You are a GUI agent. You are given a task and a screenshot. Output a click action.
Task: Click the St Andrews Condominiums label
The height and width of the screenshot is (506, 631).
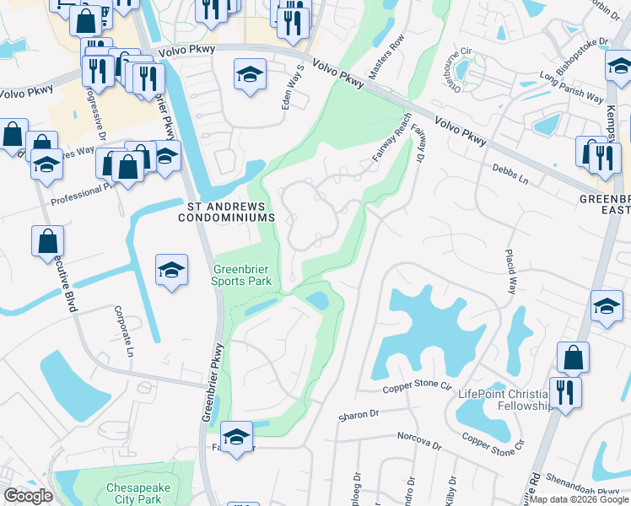click(x=227, y=211)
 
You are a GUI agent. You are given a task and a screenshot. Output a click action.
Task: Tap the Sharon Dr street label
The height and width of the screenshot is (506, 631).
click(x=359, y=415)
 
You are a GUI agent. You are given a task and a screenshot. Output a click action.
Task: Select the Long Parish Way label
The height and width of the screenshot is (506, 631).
click(x=573, y=76)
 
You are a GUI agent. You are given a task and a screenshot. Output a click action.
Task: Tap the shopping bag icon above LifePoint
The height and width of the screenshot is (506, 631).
click(x=574, y=357)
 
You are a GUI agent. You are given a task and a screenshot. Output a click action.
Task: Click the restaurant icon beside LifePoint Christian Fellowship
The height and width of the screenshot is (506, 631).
click(x=564, y=392)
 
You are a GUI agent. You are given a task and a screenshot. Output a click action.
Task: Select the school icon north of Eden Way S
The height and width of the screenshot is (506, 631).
click(x=250, y=74)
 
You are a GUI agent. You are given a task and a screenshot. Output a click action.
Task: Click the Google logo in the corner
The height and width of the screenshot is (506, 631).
click(x=28, y=496)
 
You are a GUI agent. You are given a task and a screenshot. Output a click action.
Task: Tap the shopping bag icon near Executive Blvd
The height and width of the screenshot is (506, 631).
click(x=48, y=240)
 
